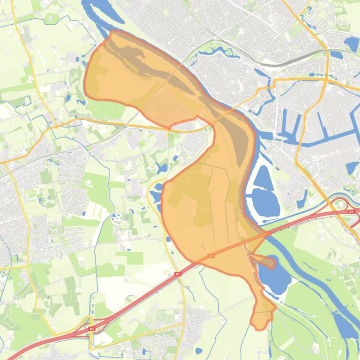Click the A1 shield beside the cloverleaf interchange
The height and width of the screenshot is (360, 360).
pos(351,212)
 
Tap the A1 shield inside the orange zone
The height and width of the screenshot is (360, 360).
pos(211,256)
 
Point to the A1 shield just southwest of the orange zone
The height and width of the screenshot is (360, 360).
pos(177,274)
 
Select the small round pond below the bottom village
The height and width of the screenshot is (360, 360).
pos(198,350)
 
